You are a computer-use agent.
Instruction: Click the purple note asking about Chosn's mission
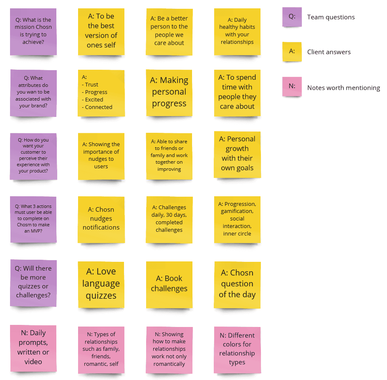click(33, 32)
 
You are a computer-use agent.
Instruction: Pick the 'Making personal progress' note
click(169, 92)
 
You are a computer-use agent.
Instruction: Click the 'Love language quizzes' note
click(101, 284)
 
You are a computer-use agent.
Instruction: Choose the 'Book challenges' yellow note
click(169, 284)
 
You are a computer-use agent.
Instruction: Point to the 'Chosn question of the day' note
click(237, 284)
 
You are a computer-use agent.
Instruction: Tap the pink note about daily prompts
click(33, 347)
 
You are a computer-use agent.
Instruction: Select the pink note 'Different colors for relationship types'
click(237, 349)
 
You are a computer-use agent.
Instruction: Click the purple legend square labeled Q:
click(292, 17)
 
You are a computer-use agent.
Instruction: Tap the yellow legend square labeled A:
click(292, 52)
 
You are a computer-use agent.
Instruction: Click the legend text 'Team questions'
click(331, 17)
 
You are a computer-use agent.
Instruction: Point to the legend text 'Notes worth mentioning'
click(344, 88)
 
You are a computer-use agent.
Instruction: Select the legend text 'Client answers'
click(329, 52)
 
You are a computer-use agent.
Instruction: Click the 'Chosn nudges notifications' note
click(101, 219)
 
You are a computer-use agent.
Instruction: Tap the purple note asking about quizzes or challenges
click(33, 282)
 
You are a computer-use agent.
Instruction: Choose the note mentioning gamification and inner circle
click(237, 219)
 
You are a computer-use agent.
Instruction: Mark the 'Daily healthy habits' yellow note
click(237, 31)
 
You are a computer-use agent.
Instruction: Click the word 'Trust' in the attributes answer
click(92, 84)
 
